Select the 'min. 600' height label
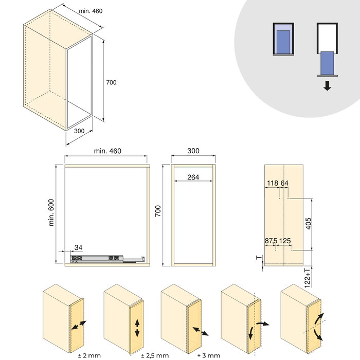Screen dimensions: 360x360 point(52,212)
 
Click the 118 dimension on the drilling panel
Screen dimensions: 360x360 point(273,183)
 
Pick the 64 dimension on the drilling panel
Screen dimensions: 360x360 point(284,183)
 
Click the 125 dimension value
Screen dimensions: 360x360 point(285,240)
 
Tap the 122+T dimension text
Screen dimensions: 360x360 point(309,277)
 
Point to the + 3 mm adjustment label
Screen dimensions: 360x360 point(209,355)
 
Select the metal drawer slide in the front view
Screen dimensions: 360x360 point(105,256)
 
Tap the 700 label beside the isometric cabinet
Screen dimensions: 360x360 point(111,83)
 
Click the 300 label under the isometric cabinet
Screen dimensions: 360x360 point(79,131)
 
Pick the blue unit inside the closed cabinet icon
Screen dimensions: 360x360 point(282,40)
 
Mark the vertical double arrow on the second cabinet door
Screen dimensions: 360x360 point(137,327)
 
